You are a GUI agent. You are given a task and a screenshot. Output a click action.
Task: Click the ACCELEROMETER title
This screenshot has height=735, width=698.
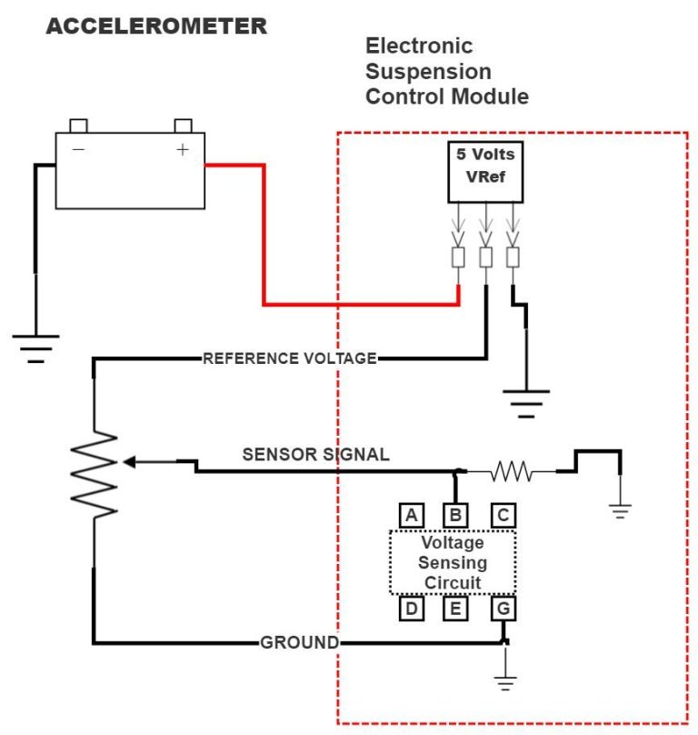pos(155,26)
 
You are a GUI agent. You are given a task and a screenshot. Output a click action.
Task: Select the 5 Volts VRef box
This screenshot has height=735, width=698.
pos(485,172)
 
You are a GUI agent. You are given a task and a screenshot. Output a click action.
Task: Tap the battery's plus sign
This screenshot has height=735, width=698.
pos(183,150)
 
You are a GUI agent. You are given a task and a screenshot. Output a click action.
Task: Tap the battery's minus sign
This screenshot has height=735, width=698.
pos(79,150)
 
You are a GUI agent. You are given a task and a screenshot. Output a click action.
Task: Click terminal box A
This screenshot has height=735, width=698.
pos(412,516)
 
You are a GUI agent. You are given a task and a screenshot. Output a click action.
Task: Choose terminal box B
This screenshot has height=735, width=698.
pos(455,516)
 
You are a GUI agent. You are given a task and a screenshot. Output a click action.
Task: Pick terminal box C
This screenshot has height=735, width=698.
pos(503,516)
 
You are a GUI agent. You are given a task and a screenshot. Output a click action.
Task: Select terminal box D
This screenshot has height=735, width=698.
pos(412,608)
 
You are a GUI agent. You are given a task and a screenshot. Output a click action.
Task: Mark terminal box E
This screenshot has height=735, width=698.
pos(455,608)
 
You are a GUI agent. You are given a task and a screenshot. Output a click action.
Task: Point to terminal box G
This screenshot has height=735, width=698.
pos(503,608)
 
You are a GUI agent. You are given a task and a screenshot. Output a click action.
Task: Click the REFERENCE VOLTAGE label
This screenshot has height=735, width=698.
pos(289,358)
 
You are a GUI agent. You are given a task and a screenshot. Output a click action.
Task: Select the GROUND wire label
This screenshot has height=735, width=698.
pos(299,643)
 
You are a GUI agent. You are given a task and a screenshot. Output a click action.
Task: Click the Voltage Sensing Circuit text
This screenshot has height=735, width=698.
pos(452,562)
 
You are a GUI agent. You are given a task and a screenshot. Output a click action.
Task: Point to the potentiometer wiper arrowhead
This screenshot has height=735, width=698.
pos(129,462)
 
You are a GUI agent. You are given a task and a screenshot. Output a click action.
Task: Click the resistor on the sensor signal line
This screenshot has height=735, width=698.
pos(512,471)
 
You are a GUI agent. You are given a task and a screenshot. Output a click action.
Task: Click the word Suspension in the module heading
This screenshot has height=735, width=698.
pos(428,71)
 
